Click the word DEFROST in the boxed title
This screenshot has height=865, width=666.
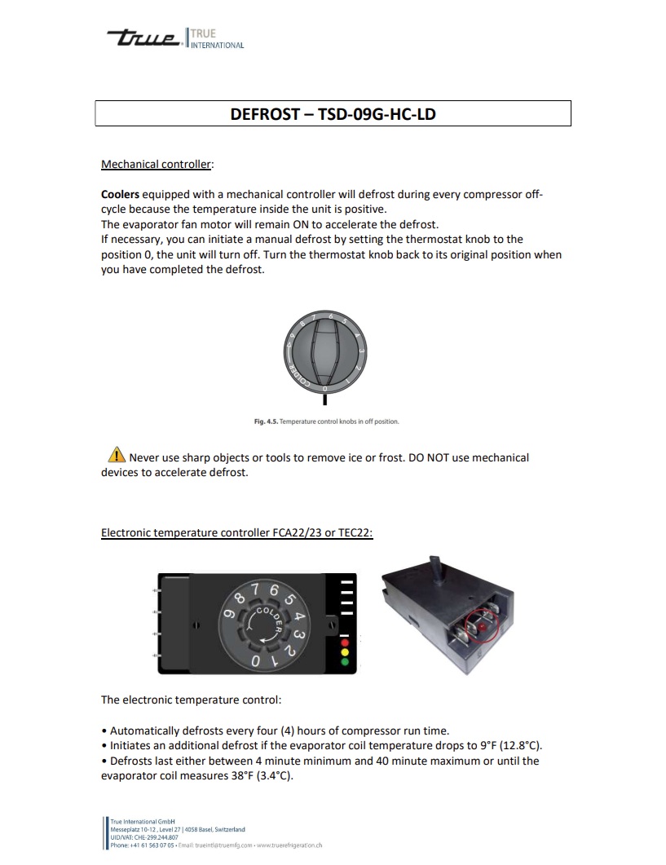click(264, 114)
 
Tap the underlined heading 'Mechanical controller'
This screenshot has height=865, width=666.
click(156, 165)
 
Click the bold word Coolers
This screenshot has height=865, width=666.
click(120, 195)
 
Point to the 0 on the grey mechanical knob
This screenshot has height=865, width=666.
click(324, 390)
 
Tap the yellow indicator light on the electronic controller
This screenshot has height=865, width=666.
click(344, 652)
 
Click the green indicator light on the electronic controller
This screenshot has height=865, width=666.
click(344, 662)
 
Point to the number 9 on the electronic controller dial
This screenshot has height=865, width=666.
click(231, 617)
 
